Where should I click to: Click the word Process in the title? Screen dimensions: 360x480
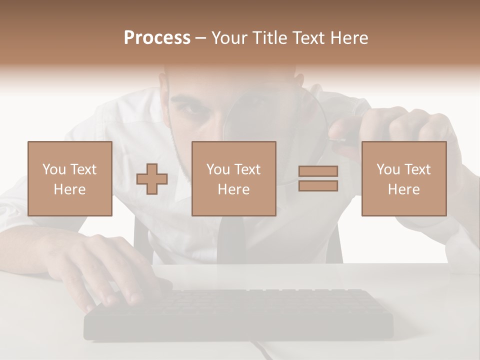click(157, 38)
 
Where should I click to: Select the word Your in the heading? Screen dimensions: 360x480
click(229, 38)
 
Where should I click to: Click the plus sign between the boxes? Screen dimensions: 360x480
click(152, 178)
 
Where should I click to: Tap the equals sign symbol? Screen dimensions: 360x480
click(318, 178)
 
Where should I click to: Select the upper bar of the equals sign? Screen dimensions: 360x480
click(318, 171)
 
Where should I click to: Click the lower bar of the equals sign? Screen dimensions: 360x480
click(318, 185)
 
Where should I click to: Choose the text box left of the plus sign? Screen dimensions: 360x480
click(69, 178)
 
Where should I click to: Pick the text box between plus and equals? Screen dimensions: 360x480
click(233, 178)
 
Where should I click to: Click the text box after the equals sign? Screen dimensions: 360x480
click(403, 178)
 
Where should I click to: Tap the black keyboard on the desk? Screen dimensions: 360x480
click(240, 312)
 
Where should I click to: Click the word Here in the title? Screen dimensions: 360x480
click(350, 38)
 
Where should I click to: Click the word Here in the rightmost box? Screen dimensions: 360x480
click(403, 189)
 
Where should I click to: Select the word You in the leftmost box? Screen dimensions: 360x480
click(54, 169)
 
